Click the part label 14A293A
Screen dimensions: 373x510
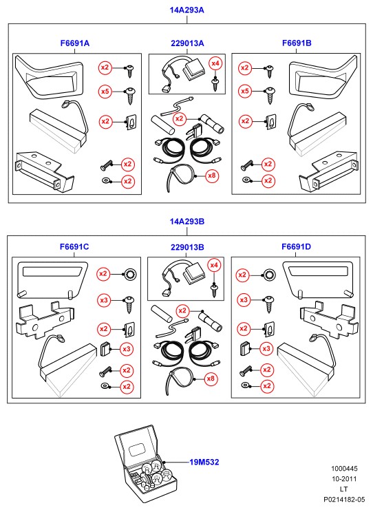[x=186, y=10]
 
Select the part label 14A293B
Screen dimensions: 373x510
[x=186, y=222]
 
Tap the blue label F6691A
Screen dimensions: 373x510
[x=75, y=43]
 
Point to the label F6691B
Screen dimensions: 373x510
[x=297, y=43]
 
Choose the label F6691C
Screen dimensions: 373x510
[x=74, y=246]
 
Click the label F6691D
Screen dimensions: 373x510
[x=296, y=246]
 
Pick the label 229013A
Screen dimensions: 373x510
[x=187, y=43]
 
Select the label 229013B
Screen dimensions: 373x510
[x=187, y=248]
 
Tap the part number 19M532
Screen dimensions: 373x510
[x=204, y=462]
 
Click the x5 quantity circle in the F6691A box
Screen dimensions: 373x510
[x=105, y=92]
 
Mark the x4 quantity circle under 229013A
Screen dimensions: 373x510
[x=215, y=63]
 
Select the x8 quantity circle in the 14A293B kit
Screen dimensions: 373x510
[x=211, y=379]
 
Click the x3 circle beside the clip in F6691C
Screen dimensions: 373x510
[x=127, y=350]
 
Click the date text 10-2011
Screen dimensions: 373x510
[x=344, y=479]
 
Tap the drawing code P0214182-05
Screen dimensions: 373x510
[x=344, y=499]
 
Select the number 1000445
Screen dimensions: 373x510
[x=344, y=469]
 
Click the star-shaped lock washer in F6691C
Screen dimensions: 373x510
[x=130, y=274]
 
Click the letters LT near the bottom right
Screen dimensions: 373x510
[x=343, y=489]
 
